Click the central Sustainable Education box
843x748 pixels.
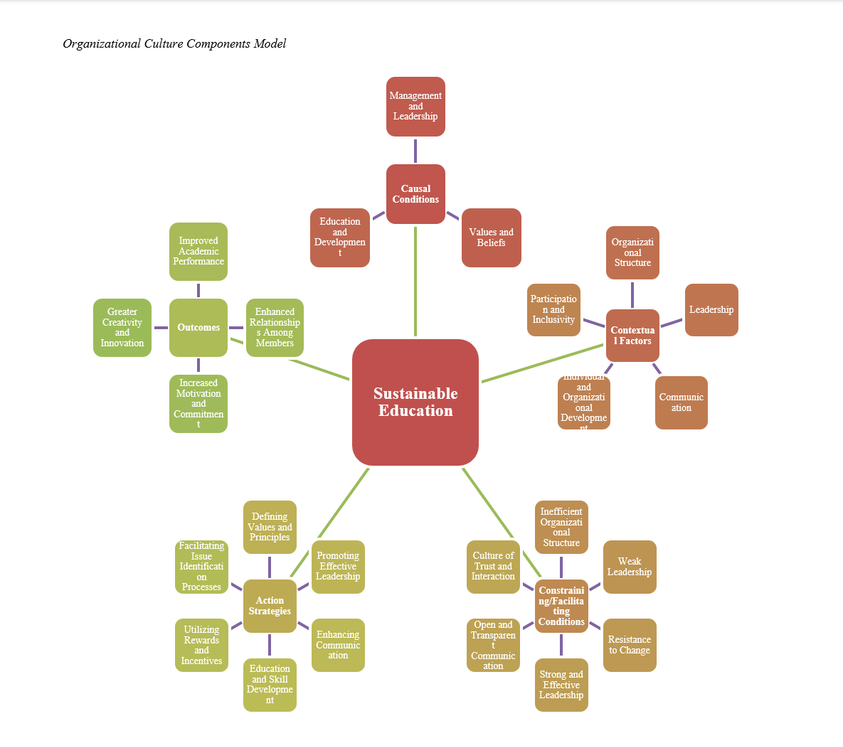coord(415,402)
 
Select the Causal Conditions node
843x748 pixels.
coord(415,194)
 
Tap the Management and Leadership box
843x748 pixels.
coord(415,107)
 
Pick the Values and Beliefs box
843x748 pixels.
coord(491,237)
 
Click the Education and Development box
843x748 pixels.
coord(340,237)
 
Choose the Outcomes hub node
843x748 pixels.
coord(198,328)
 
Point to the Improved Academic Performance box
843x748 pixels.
coord(198,252)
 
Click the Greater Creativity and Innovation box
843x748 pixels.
coord(122,328)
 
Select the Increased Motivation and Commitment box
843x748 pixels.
coord(198,403)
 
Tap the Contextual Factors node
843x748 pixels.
coord(632,336)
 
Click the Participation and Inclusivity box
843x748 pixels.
coord(553,310)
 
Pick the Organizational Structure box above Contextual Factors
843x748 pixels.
coord(632,252)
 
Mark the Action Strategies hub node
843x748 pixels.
coord(270,606)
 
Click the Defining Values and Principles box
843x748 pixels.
coord(270,528)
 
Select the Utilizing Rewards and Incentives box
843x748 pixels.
coord(201,645)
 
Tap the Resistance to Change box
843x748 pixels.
coord(630,645)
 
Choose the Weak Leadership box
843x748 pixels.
coord(630,567)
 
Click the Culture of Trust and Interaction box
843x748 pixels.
coord(493,567)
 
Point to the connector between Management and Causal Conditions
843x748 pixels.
coord(415,150)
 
